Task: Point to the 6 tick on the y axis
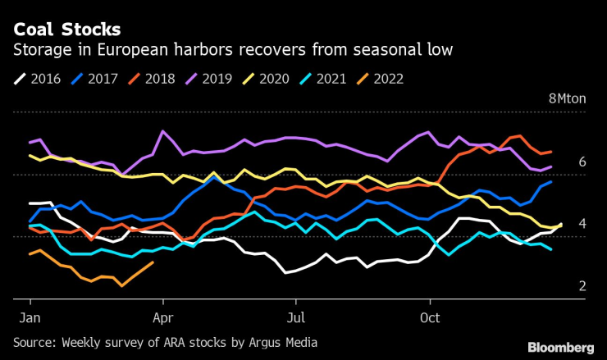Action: (x=582, y=162)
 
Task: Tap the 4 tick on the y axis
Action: (x=582, y=224)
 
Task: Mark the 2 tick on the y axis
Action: (x=582, y=286)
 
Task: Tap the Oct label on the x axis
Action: (x=430, y=314)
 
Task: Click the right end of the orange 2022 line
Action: (x=153, y=262)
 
